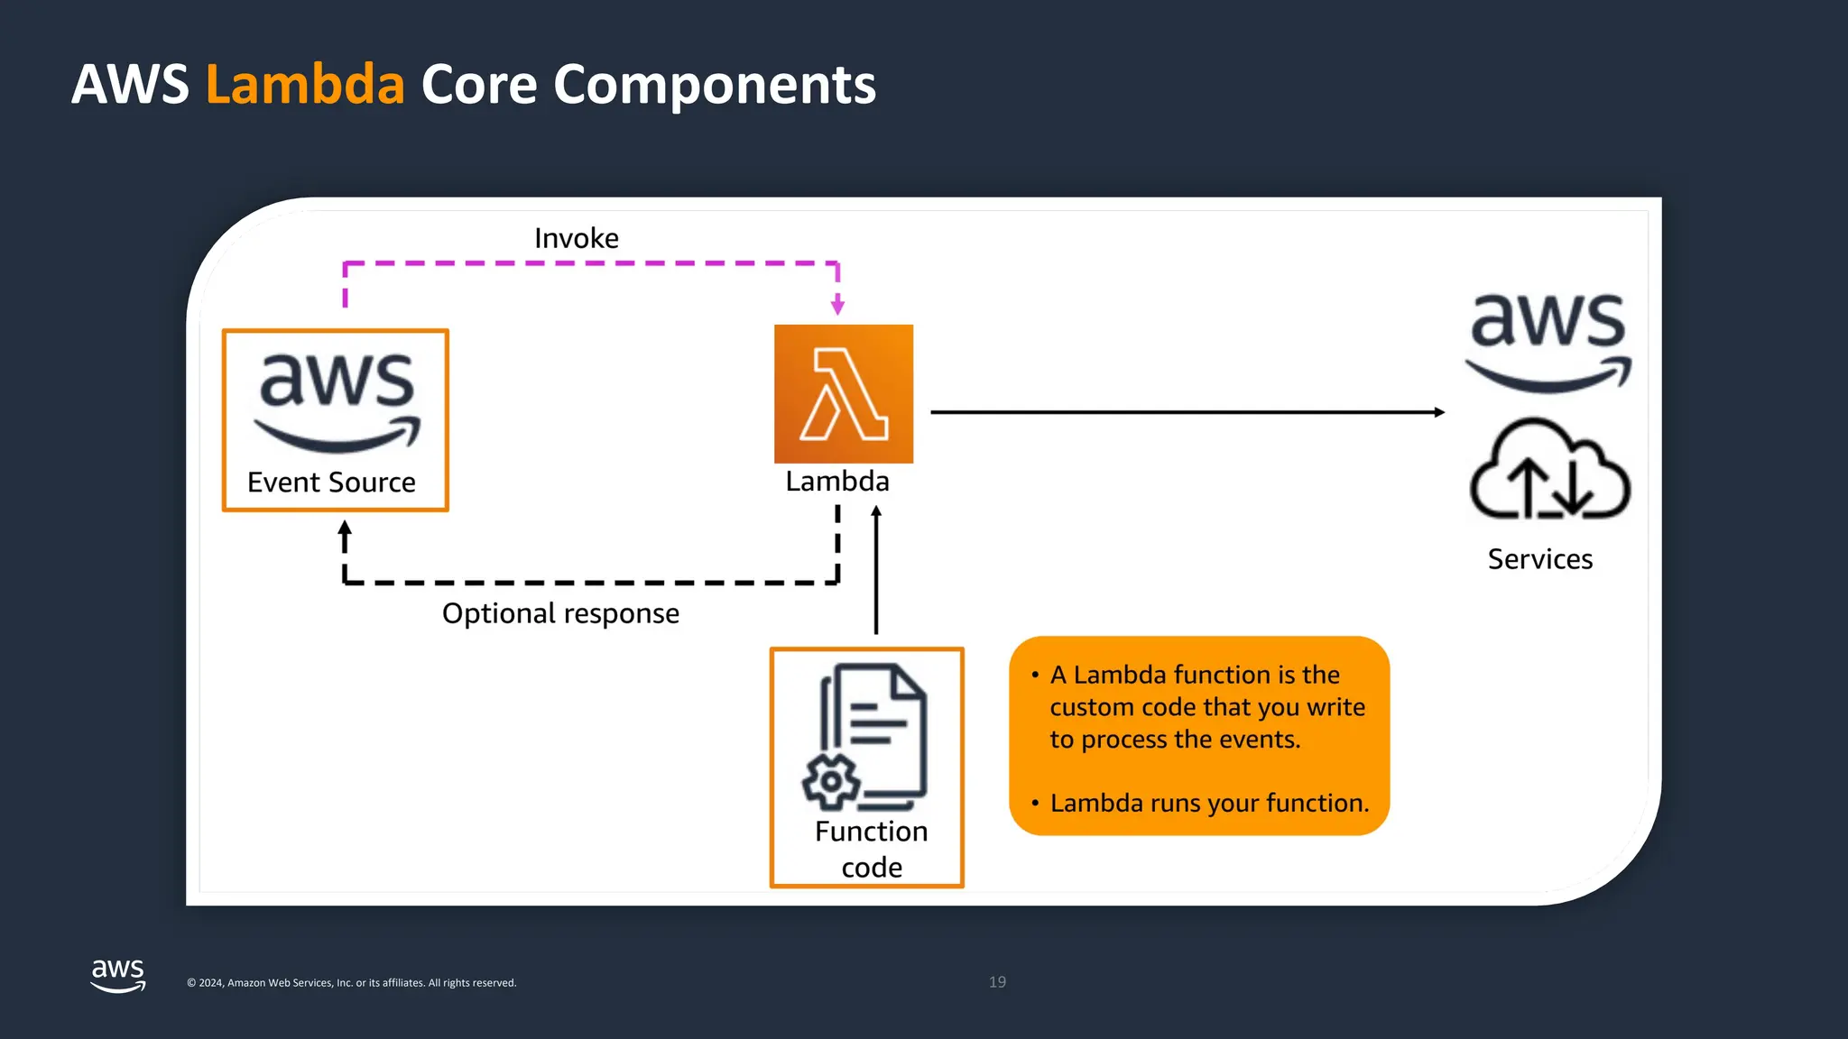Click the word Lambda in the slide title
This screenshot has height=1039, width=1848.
[x=305, y=85]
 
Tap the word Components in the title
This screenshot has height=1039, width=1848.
[x=714, y=85]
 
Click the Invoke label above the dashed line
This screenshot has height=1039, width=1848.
[x=577, y=238]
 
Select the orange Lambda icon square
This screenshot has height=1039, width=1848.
[x=844, y=394]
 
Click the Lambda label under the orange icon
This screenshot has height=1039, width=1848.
[x=837, y=481]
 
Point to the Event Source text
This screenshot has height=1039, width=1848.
[x=331, y=483]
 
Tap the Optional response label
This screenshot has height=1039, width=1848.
[x=560, y=613]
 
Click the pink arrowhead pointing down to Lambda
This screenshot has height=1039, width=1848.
[x=837, y=307]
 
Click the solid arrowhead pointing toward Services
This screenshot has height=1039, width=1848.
[x=1438, y=412]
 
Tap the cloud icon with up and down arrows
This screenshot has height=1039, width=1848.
[x=1549, y=471]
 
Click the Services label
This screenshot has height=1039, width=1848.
[x=1539, y=559]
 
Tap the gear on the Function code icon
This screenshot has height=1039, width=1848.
[x=830, y=782]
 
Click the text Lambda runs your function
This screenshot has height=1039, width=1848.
[x=1209, y=803]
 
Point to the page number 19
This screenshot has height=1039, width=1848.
[x=997, y=982]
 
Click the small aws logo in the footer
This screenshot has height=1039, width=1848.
[x=118, y=975]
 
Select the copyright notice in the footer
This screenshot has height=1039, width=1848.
[x=352, y=983]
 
